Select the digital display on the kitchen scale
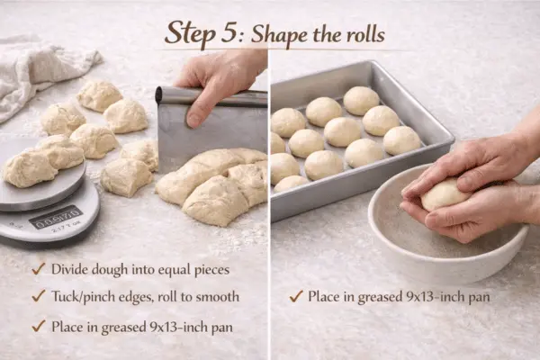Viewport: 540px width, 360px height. coord(55,217)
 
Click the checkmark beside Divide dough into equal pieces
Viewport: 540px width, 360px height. coord(38,268)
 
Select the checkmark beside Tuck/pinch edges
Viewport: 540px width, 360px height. coord(38,296)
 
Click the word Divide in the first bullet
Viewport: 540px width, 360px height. coord(70,268)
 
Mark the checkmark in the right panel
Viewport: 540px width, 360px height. coord(294,295)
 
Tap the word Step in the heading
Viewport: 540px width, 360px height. coord(193,33)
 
